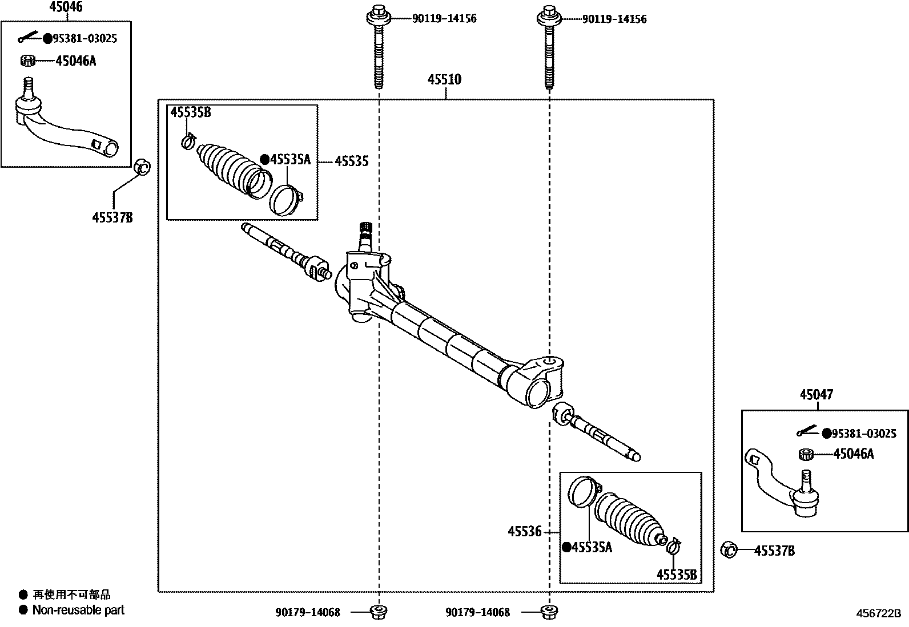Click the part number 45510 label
[x=445, y=79]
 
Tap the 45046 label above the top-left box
[x=66, y=7]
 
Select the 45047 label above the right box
[x=816, y=394]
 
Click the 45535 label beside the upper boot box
[x=351, y=161]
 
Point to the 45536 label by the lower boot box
[x=524, y=532]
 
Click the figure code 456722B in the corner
[x=878, y=613]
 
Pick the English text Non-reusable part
[x=78, y=610]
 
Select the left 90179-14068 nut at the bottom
[x=377, y=612]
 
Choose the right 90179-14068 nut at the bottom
[x=548, y=612]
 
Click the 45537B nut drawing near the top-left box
[x=142, y=168]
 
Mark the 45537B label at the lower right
[x=774, y=551]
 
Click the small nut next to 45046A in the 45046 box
[x=28, y=60]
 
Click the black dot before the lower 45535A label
[x=566, y=547]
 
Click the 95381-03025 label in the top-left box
[x=85, y=39]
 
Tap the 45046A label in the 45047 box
[x=853, y=454]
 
